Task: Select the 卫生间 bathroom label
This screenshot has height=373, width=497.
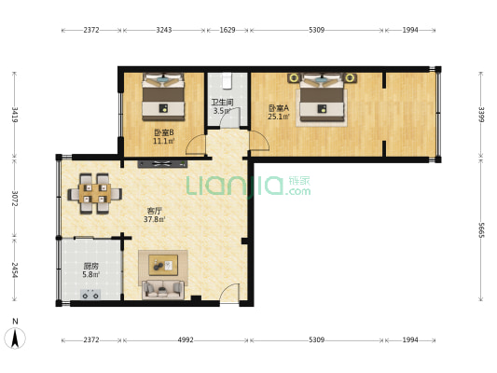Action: (x=223, y=103)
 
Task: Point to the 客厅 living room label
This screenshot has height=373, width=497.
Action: (x=155, y=211)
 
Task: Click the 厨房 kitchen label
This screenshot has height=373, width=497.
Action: (x=91, y=266)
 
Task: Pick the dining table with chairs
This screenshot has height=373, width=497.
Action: (x=95, y=193)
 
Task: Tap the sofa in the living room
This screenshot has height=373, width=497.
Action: (x=163, y=289)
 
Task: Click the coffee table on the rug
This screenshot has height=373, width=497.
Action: (x=163, y=265)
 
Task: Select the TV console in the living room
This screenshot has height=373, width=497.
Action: (x=162, y=164)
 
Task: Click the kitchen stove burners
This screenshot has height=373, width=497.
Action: (x=90, y=295)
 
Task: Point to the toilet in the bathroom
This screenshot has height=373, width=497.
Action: (x=227, y=80)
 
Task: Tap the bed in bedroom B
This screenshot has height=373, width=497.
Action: (x=163, y=97)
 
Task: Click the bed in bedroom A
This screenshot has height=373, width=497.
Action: (x=322, y=98)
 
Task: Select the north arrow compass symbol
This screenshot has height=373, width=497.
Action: (x=15, y=338)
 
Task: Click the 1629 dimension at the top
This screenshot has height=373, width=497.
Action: (x=228, y=30)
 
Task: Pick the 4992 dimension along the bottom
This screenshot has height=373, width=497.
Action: (x=186, y=340)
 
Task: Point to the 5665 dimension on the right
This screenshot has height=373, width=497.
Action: (x=481, y=230)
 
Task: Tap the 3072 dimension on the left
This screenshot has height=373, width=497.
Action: (x=14, y=198)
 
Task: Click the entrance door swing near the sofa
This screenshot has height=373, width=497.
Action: (x=229, y=293)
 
